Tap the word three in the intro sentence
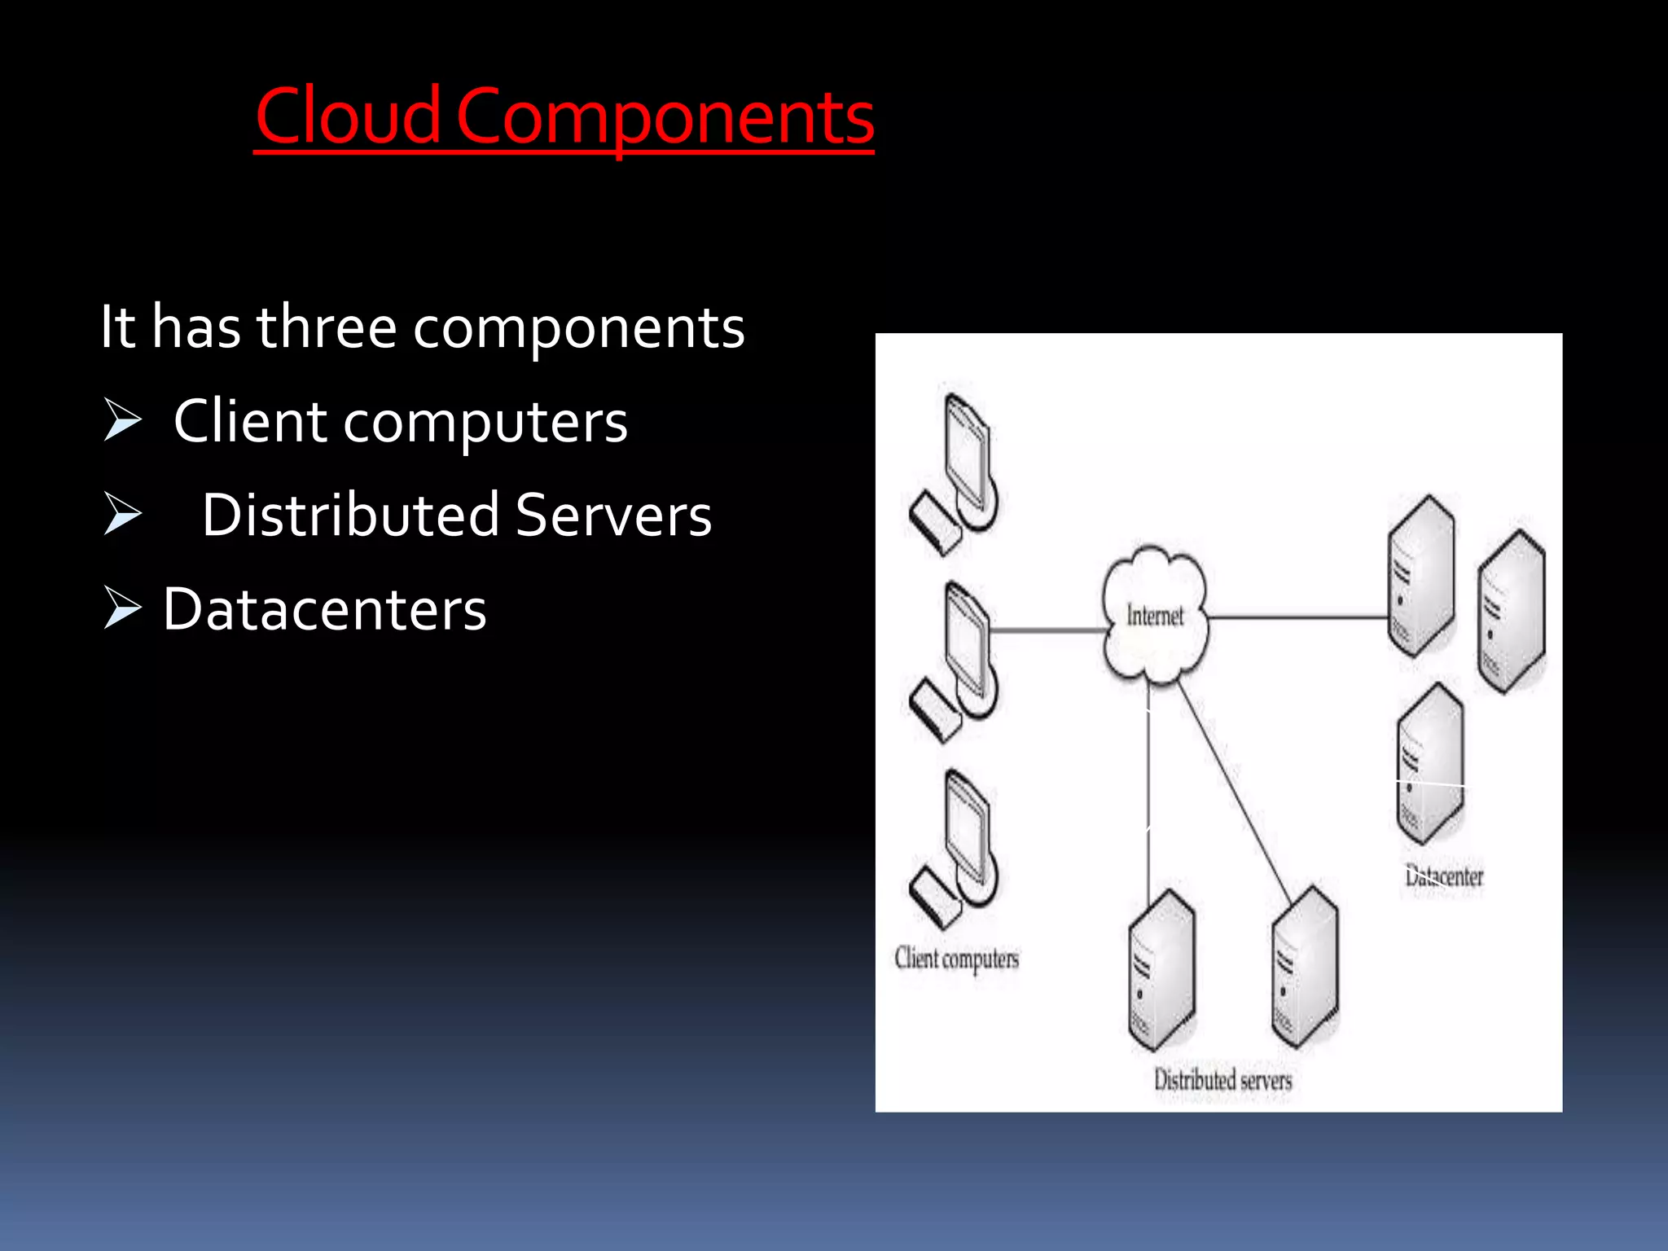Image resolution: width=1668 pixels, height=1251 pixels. point(327,327)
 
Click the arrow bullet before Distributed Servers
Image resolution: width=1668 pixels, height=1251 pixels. point(123,515)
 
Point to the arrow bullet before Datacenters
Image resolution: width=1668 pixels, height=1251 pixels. point(123,609)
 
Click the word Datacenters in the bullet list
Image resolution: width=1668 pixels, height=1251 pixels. point(324,609)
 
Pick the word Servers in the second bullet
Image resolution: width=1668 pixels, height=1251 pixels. point(613,515)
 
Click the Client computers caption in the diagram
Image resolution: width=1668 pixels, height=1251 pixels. point(956,959)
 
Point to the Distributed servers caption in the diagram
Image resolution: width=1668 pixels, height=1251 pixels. point(1222,1080)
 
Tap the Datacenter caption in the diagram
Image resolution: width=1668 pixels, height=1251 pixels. point(1444,876)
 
